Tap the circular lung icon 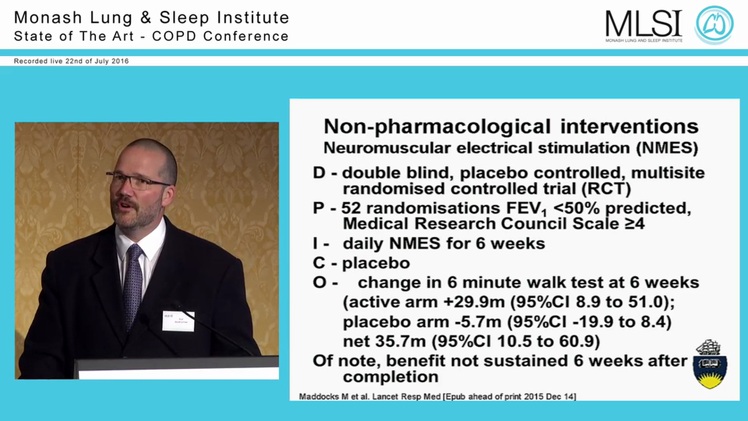point(714,25)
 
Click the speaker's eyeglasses point(136,180)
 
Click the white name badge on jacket point(178,321)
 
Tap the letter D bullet point(320,173)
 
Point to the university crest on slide point(710,364)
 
